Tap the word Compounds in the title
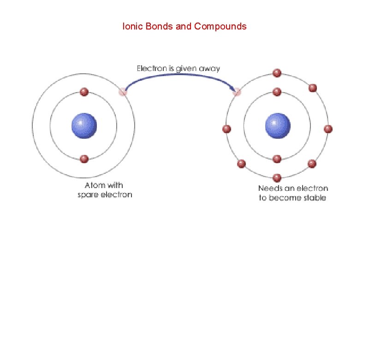click(220, 26)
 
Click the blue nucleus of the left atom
click(84, 125)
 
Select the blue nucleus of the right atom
click(278, 125)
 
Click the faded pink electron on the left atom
click(123, 92)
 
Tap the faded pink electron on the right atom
click(237, 93)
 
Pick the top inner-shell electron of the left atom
click(84, 92)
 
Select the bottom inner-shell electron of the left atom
click(84, 159)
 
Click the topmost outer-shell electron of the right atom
click(277, 73)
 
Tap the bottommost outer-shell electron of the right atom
click(277, 177)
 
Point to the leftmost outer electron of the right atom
click(226, 129)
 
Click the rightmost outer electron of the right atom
click(328, 129)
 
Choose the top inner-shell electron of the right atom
click(277, 92)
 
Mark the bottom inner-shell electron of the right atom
click(277, 159)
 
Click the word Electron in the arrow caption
click(152, 69)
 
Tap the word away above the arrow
click(209, 69)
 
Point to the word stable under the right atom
click(315, 198)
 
